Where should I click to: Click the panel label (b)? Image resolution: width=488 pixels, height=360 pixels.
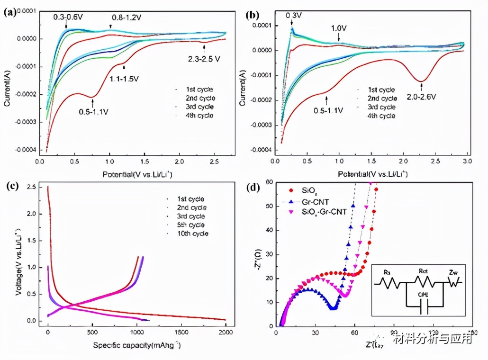(253, 15)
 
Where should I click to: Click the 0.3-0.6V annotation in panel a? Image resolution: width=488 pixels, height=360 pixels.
(67, 17)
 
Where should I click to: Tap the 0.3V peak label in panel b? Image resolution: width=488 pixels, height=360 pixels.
(293, 15)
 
